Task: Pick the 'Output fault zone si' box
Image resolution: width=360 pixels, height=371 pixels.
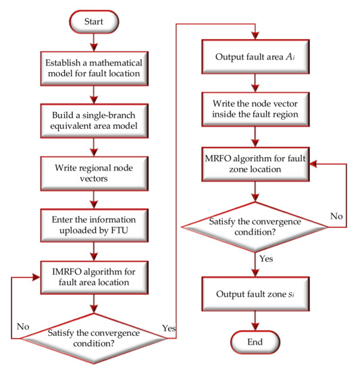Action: click(x=254, y=296)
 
